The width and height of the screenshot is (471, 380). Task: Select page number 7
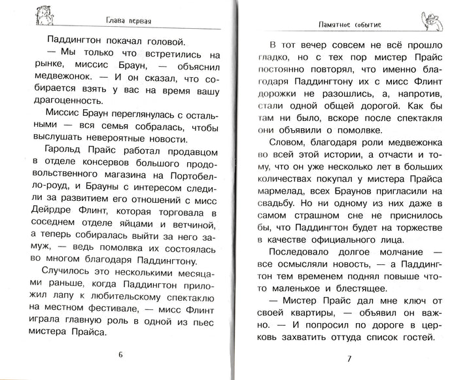tap(349, 360)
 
